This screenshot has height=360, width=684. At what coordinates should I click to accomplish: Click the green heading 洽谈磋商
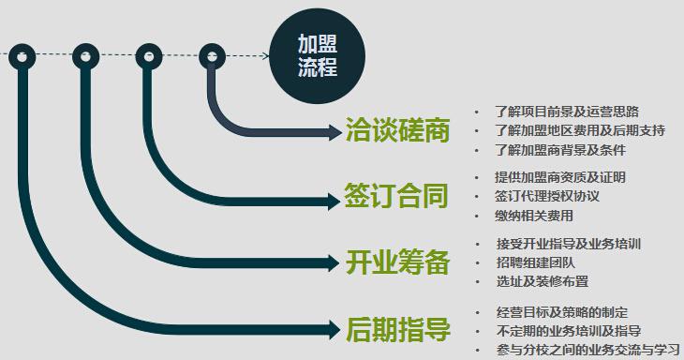[397, 130]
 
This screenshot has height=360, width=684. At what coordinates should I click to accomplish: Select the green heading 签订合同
[397, 197]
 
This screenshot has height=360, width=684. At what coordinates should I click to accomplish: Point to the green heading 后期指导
[397, 329]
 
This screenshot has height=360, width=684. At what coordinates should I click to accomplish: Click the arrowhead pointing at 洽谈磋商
[334, 131]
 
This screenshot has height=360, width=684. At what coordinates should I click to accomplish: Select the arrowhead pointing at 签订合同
[334, 198]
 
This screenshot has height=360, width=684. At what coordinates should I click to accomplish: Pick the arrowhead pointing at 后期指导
[334, 329]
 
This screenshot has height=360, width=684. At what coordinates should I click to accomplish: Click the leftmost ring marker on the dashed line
[22, 56]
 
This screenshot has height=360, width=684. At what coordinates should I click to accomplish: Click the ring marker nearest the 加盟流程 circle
[212, 56]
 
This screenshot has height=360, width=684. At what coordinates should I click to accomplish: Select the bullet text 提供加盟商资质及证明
[560, 177]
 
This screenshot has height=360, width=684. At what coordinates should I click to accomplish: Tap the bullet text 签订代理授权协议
[547, 197]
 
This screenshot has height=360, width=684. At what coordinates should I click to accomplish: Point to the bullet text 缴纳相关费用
[534, 216]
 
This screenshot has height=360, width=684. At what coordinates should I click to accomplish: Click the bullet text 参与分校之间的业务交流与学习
[587, 350]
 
